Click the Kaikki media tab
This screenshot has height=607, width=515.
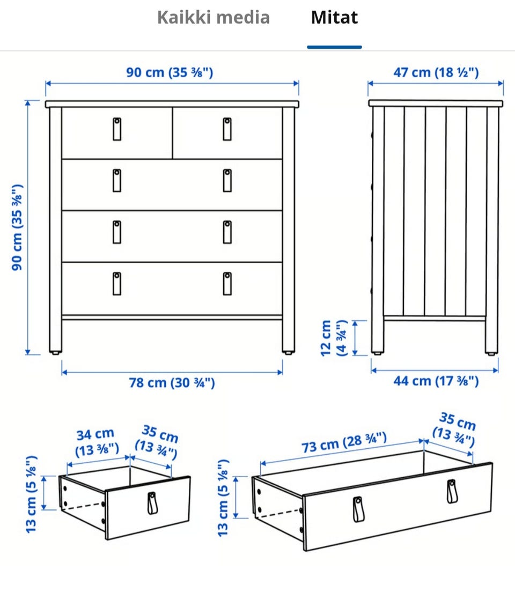tap(214, 17)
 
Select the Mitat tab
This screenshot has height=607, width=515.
tap(335, 17)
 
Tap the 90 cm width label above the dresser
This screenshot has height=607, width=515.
tap(170, 72)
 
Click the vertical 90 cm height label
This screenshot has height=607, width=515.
tap(17, 227)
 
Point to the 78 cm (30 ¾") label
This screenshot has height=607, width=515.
tap(172, 383)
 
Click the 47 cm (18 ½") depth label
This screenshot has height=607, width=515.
tap(436, 72)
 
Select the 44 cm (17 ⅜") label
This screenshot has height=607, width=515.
tap(436, 381)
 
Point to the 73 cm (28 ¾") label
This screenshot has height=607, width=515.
tap(344, 442)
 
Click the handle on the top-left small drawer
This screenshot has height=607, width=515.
tap(117, 129)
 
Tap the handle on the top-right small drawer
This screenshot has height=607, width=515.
tap(227, 129)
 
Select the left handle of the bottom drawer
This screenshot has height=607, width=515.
tap(117, 284)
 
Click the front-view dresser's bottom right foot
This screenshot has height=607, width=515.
tap(288, 353)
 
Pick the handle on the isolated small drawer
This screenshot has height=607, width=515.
tap(152, 504)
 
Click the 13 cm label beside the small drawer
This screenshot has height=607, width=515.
tap(31, 494)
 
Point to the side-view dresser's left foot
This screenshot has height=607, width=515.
tap(377, 353)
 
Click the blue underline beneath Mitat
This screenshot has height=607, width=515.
tap(335, 47)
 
